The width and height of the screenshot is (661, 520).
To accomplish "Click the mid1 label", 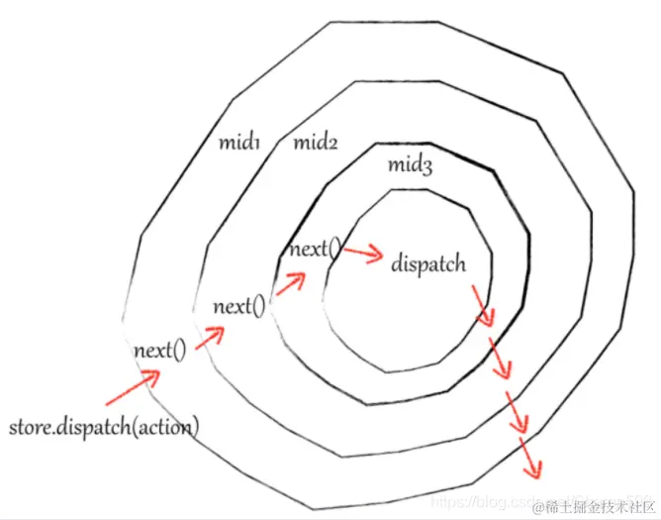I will coord(238,143).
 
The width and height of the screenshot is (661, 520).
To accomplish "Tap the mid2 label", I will coord(316,143).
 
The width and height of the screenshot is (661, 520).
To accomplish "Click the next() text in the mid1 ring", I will coord(159,350).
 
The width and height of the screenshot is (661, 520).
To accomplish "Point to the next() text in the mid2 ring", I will coord(239,306).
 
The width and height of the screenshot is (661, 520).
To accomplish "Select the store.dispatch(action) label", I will coord(104,428).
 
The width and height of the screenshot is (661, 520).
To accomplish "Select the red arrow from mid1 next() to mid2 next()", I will coord(209,336).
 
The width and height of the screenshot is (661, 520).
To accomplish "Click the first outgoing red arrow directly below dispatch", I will coord(481,305).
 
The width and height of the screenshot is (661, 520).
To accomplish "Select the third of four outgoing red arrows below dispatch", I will coord(516,413).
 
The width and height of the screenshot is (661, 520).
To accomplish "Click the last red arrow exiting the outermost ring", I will coord(531,456).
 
